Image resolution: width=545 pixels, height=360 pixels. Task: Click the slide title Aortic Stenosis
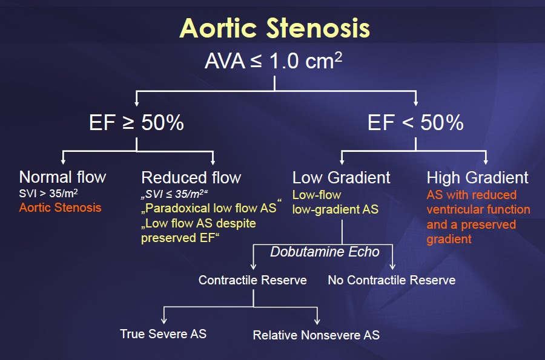[274, 28]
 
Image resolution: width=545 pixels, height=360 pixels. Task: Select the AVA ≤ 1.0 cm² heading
[274, 62]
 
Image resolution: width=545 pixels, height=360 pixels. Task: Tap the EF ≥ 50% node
[136, 123]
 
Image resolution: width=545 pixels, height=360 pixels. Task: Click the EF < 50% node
[415, 123]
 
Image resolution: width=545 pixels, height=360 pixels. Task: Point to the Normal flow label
[62, 177]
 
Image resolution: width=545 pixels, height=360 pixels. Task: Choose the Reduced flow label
[191, 177]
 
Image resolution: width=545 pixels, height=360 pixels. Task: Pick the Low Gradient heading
[342, 177]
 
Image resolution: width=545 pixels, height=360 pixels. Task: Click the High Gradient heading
[477, 177]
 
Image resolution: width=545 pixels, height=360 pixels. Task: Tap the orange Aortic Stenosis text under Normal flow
[60, 208]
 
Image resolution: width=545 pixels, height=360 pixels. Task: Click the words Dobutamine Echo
[325, 252]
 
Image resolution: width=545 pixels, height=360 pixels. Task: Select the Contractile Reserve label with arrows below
[253, 280]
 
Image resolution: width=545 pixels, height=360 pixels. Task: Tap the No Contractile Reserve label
[391, 280]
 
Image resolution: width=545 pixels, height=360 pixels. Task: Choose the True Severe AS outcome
[163, 333]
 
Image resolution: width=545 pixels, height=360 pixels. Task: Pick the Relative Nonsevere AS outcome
[316, 335]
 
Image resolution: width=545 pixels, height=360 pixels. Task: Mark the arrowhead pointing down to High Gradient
[486, 162]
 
